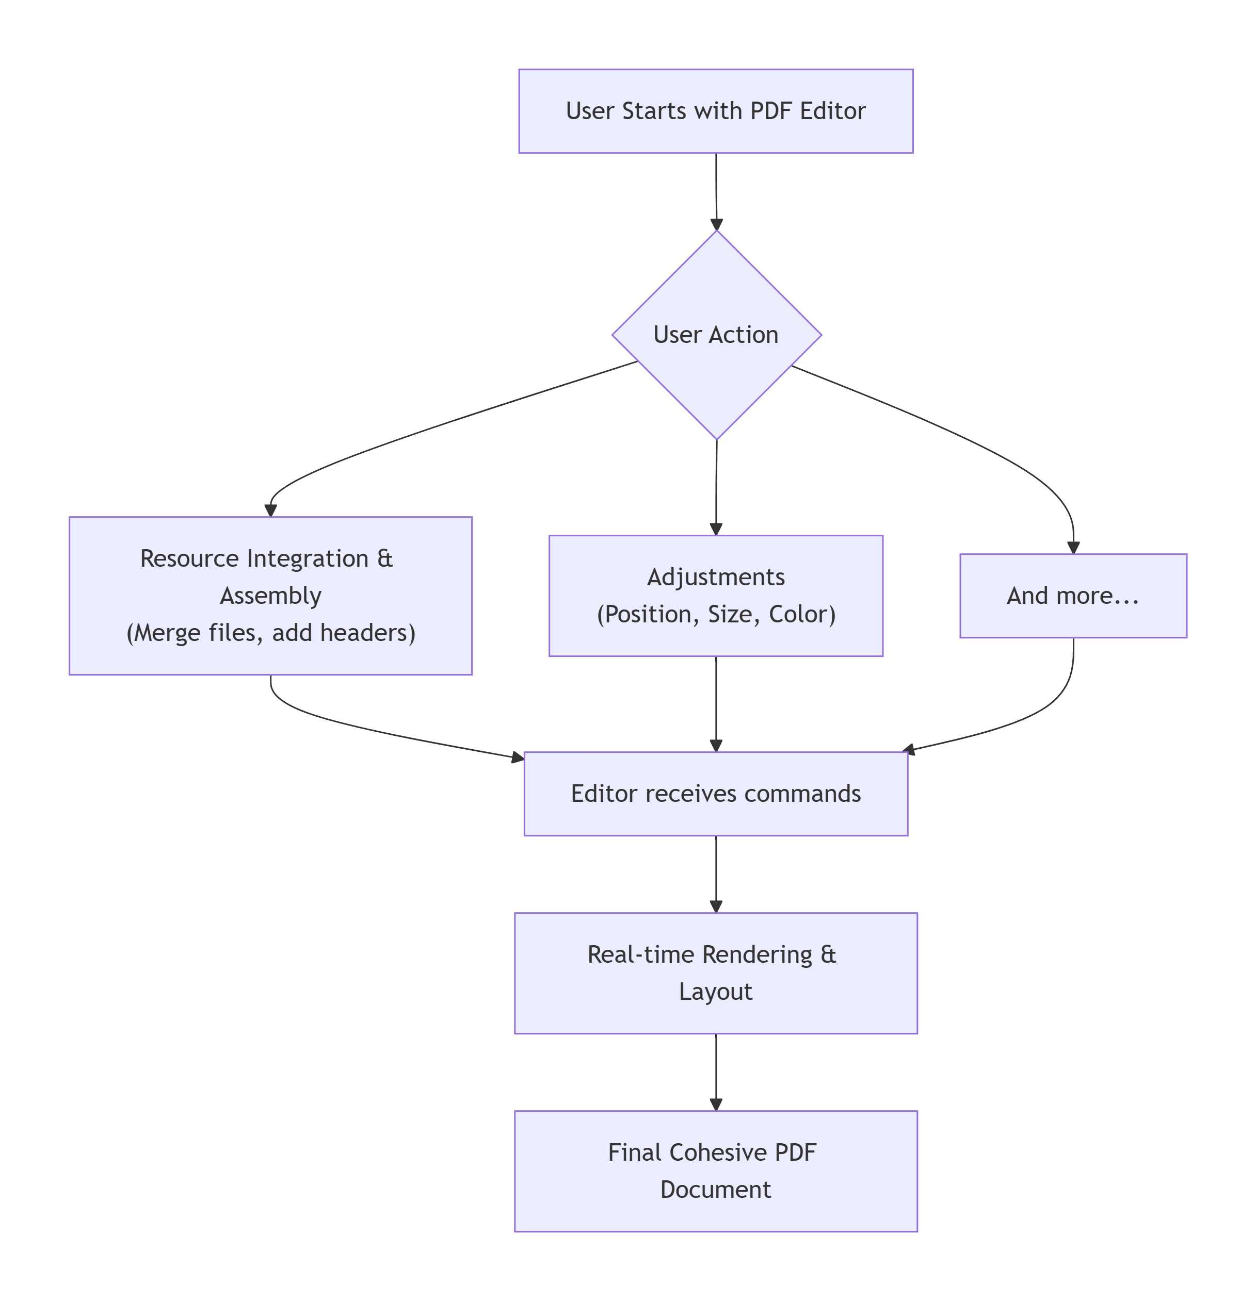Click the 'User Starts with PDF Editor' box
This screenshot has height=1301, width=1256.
[x=715, y=111]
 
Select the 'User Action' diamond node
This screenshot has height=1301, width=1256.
[x=716, y=335]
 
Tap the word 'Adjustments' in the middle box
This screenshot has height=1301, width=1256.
[x=715, y=577]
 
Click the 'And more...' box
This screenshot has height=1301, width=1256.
[x=1073, y=596]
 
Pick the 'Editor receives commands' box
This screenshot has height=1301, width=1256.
[x=715, y=793]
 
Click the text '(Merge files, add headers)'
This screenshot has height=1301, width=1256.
[x=270, y=633]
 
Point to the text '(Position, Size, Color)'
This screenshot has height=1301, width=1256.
[x=715, y=614]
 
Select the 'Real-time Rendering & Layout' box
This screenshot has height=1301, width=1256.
[x=715, y=973]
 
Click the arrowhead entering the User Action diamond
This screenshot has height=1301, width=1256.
[x=716, y=224]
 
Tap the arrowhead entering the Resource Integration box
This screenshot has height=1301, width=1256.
[x=270, y=510]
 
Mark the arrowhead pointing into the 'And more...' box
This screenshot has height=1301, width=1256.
[x=1073, y=547]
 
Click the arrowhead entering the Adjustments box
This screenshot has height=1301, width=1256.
[x=715, y=529]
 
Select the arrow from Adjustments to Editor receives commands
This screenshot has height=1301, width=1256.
[x=715, y=703]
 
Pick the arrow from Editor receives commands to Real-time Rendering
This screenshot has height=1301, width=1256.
[x=715, y=873]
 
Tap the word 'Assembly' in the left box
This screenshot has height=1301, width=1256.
[x=270, y=596]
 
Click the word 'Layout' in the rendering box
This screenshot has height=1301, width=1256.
[x=715, y=992]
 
